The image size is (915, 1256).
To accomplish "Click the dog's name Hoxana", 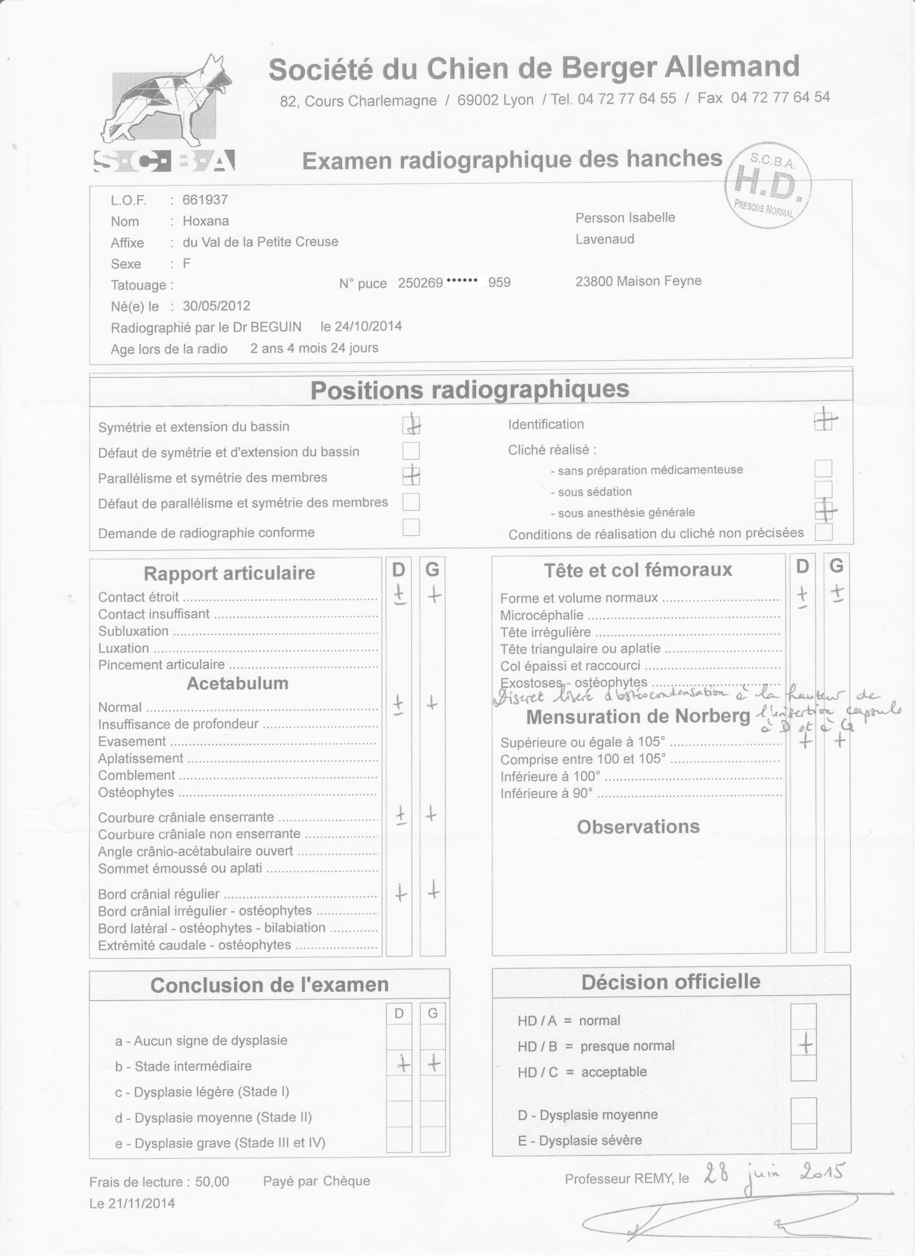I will pos(206,221).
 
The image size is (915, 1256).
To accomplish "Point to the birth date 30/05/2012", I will pos(216,306).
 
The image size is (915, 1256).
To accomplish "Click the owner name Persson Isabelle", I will pos(625,218).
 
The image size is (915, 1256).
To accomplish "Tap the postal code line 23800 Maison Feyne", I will pos(638,281).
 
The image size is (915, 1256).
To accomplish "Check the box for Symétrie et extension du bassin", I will pos(411,425).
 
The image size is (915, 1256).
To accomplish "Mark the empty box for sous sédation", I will pos(823,490).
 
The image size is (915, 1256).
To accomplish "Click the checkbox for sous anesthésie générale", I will pos(824,511).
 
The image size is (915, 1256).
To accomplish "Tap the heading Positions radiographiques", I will pos(470,390).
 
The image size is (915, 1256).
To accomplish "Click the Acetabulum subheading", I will pos(237,683).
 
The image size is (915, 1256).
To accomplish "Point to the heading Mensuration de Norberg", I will pos(638,717).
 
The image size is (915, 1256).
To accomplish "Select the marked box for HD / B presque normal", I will pos(804,1046).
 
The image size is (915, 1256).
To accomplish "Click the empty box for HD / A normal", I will pos(804,1020).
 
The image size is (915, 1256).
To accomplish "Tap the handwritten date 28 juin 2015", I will pos(774,1173).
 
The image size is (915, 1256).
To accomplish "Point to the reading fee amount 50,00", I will pos(212,1181).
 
